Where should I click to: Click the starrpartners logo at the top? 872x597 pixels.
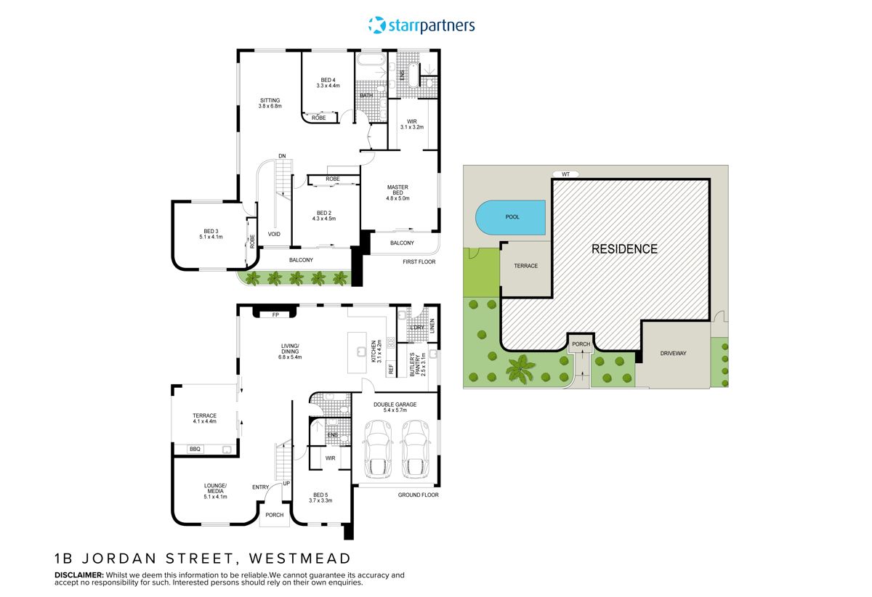pos(421,25)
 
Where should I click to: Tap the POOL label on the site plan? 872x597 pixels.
pos(512,217)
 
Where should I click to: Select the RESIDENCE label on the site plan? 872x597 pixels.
pos(623,249)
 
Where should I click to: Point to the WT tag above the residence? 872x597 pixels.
pos(565,174)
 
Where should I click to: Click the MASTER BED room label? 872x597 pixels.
pos(397,192)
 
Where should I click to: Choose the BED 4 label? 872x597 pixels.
pos(328,80)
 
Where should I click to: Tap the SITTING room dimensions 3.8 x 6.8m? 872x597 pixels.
pos(270,107)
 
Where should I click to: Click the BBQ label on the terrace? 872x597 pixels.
pos(195,450)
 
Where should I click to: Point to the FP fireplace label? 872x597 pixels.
pos(275,315)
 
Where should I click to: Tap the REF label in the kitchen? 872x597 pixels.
pos(390,369)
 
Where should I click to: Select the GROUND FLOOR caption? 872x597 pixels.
pos(418,495)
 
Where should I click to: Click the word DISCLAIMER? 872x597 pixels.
pos(81,574)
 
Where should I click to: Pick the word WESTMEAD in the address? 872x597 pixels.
pos(299,559)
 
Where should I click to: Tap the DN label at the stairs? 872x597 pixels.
pos(281,156)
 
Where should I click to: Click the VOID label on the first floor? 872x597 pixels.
pos(274,234)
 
